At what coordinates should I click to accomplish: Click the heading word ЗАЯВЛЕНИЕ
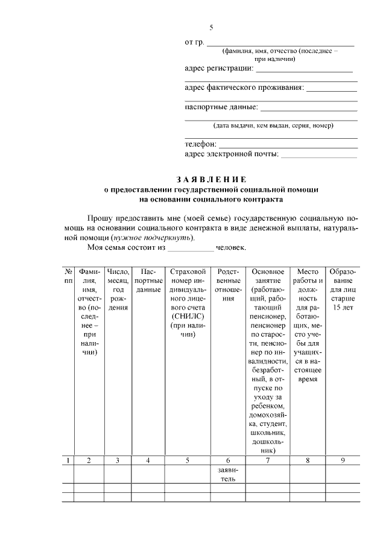(211, 179)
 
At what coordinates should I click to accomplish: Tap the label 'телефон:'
(200, 144)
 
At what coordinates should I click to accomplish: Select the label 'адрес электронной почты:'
(232, 154)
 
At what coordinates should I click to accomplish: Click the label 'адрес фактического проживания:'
(244, 87)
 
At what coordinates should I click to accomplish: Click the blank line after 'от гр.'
(280, 43)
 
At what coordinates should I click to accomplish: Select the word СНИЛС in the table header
(188, 316)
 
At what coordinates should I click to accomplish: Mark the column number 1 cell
(69, 461)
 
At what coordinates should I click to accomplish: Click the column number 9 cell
(343, 461)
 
